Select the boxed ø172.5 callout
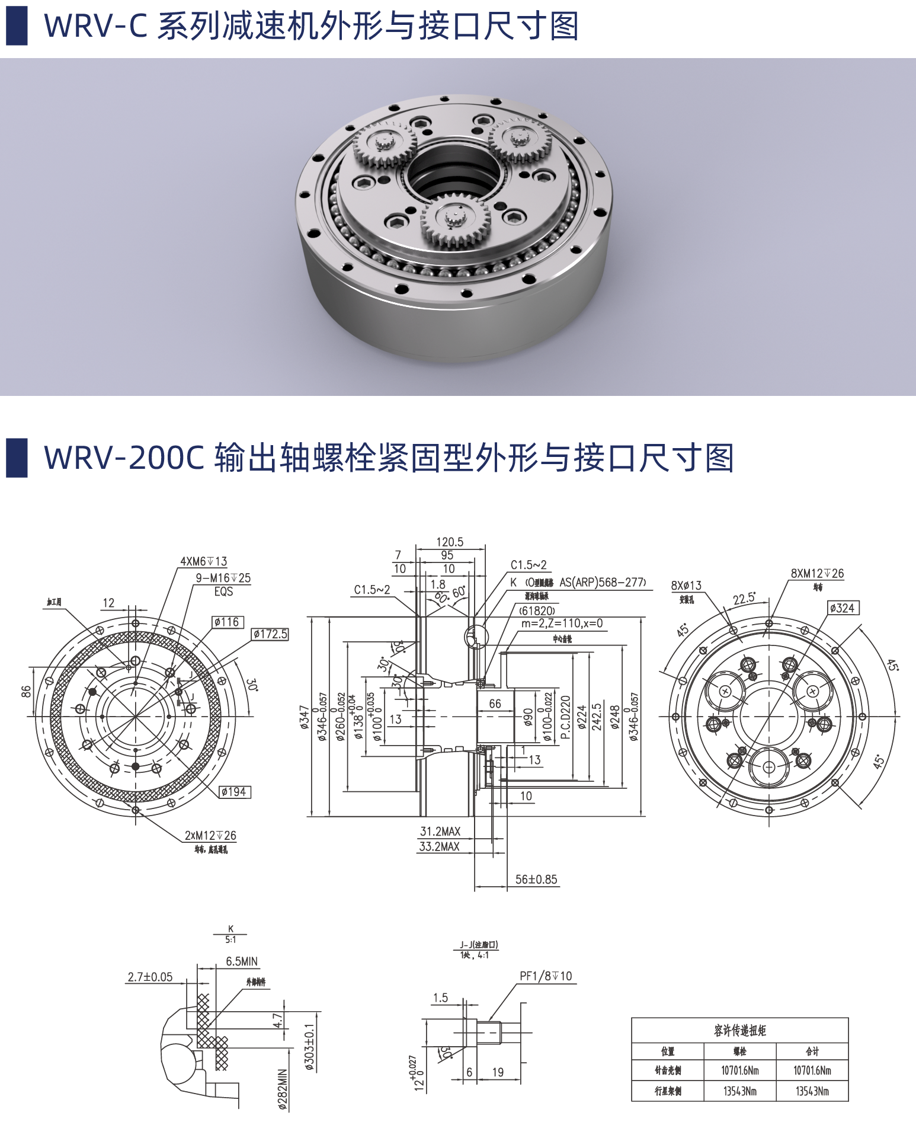pos(270,634)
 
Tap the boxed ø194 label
pos(235,792)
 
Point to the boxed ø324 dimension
pos(842,608)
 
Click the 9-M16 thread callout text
pos(223,578)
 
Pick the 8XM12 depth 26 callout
pos(817,573)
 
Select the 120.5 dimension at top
pos(450,542)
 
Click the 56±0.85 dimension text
pos(536,880)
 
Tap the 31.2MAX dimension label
pos(440,832)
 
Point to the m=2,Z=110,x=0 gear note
pos(562,624)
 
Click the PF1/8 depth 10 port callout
pos(546,976)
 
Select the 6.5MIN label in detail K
pos(242,961)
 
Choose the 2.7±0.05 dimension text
pos(150,977)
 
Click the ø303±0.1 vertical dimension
pos(309,1046)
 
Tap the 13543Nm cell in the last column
pos(812,1091)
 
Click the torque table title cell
pos(739,1031)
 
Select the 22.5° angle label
pos(744,598)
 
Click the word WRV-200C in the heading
pos(124,458)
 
